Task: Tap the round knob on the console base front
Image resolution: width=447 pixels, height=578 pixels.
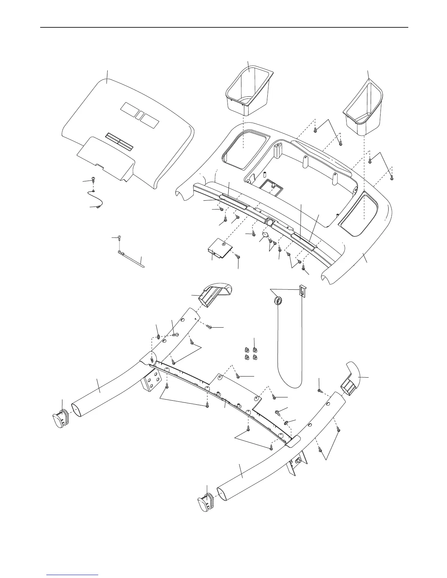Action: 269,221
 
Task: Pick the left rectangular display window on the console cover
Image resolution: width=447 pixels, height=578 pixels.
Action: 129,109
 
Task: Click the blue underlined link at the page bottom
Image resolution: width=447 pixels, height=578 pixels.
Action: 73,575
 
